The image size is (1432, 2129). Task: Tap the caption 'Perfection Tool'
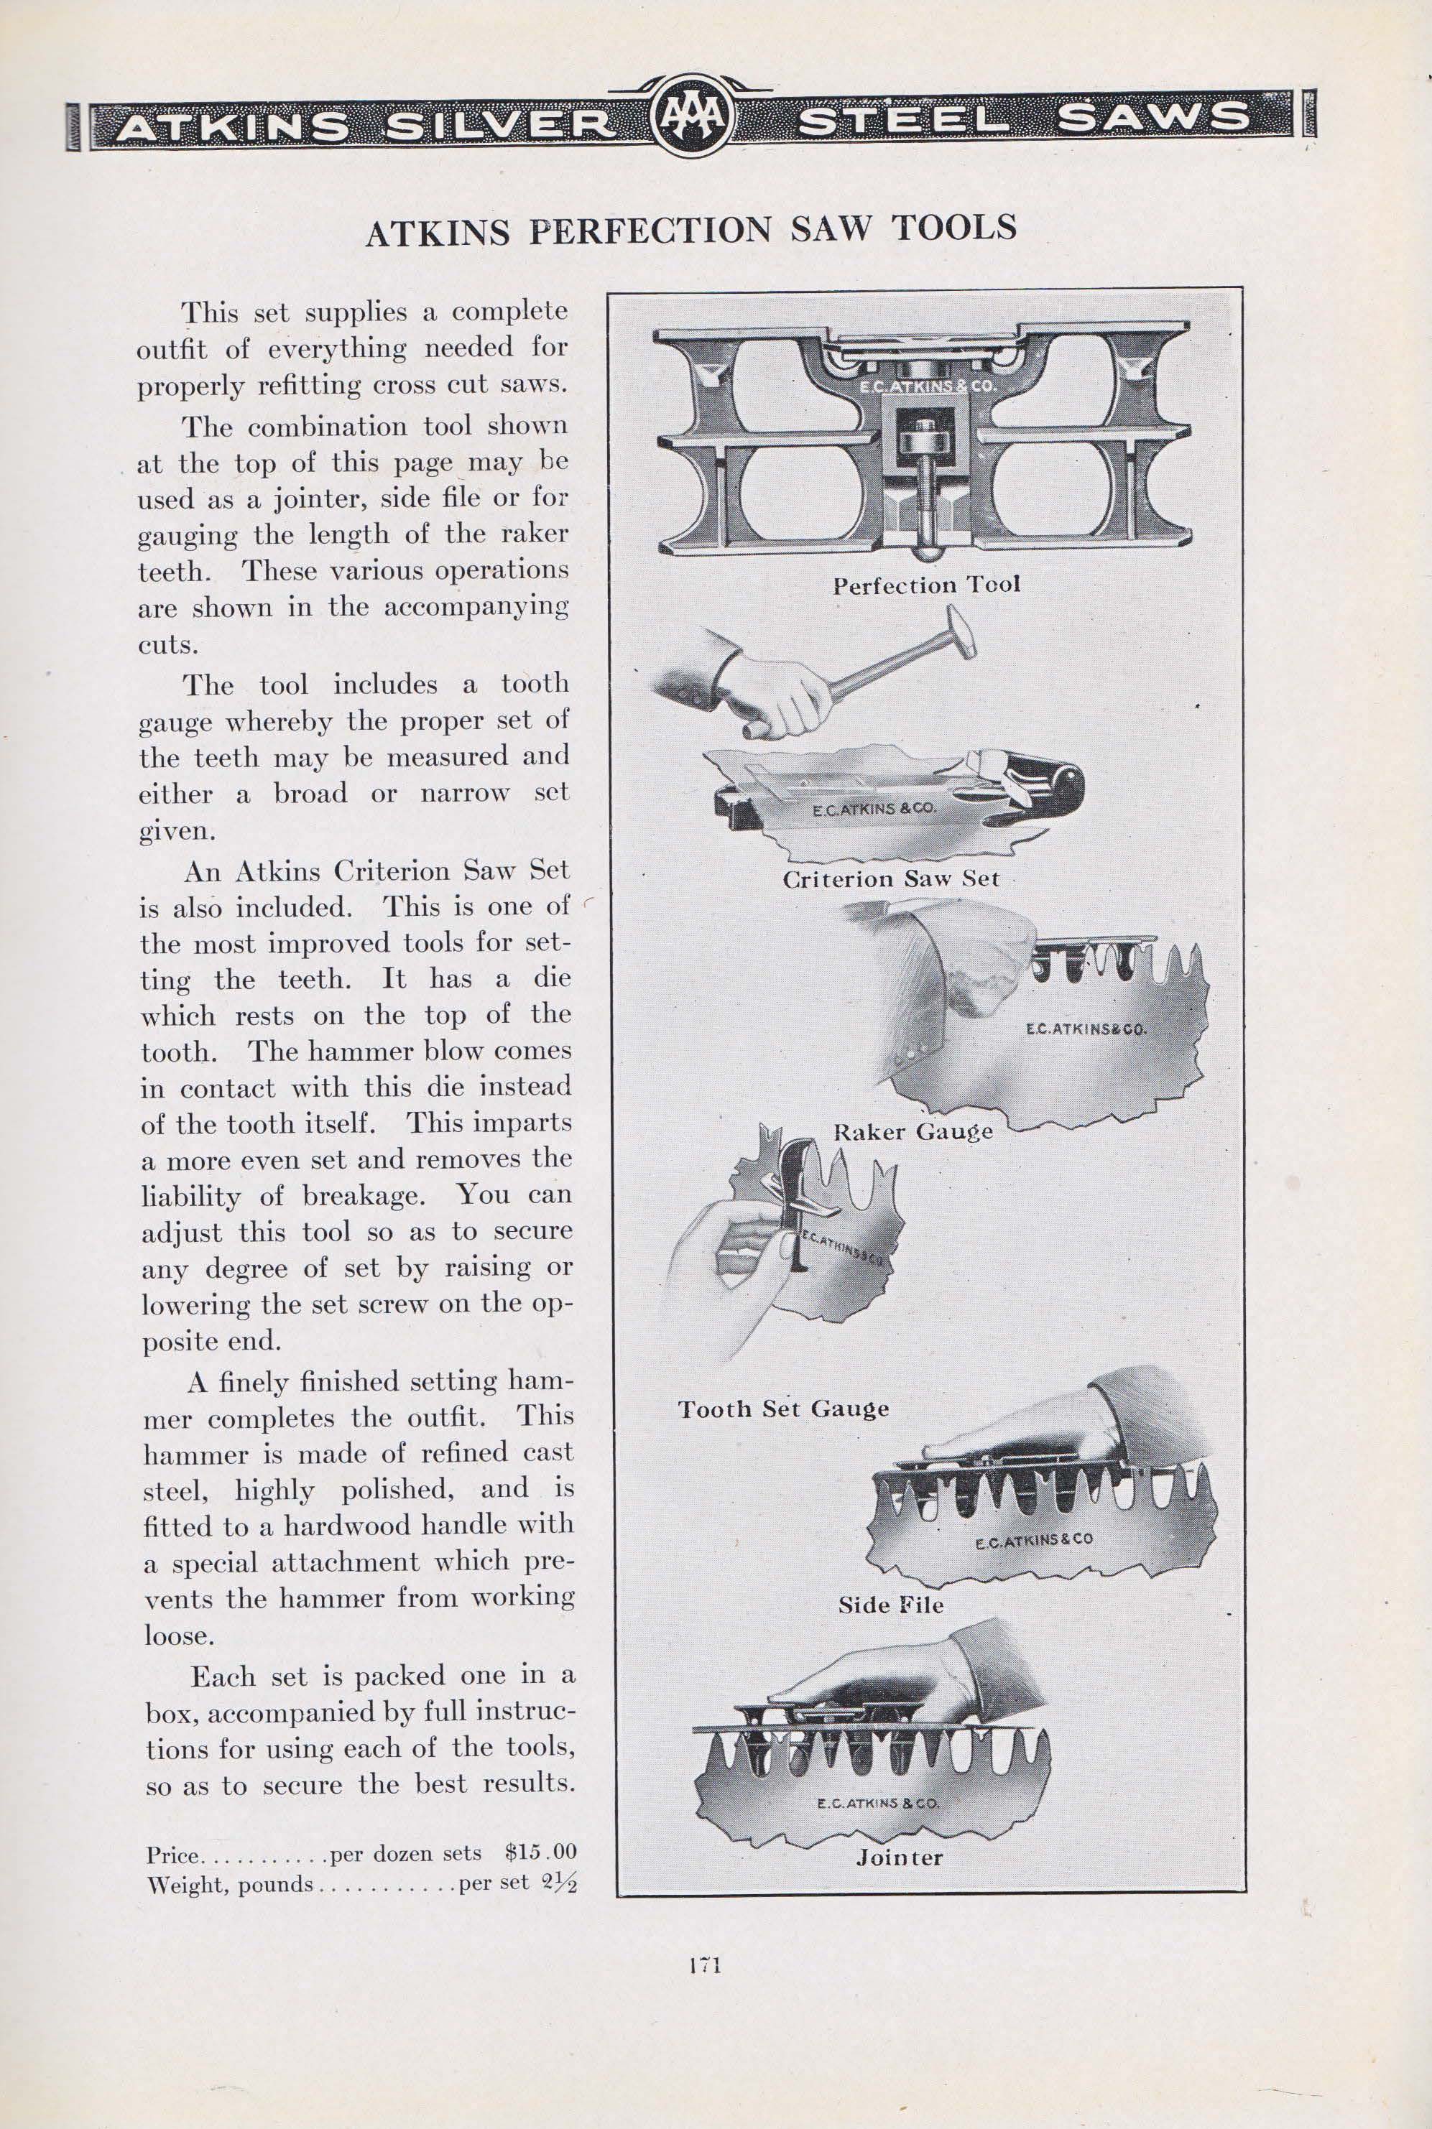tap(926, 585)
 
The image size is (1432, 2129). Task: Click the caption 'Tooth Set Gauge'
tap(782, 1409)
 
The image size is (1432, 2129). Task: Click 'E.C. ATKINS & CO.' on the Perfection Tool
tap(925, 386)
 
